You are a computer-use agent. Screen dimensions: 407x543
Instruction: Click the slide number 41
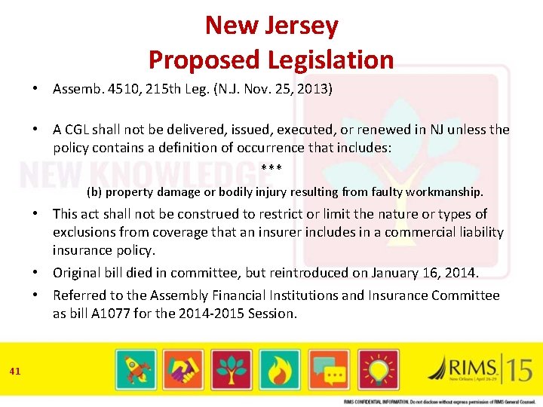(15, 370)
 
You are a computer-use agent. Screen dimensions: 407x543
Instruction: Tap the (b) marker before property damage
(94, 191)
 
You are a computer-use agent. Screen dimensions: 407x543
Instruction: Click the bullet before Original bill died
(36, 272)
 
